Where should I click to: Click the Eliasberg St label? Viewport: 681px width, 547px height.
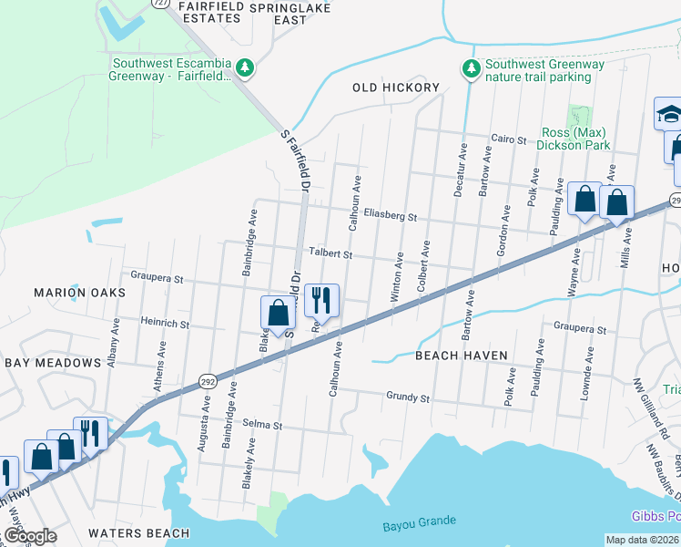pyautogui.click(x=390, y=217)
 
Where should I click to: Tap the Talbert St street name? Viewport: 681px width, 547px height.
pyautogui.click(x=329, y=254)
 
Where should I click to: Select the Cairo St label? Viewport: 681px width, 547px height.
pyautogui.click(x=509, y=139)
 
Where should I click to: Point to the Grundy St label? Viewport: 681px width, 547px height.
pyautogui.click(x=407, y=397)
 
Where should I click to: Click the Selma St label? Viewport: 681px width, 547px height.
pyautogui.click(x=264, y=426)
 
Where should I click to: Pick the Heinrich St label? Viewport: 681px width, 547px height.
pyautogui.click(x=165, y=323)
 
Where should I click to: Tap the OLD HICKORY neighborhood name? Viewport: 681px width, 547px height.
pyautogui.click(x=396, y=88)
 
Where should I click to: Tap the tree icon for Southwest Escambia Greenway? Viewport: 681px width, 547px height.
pyautogui.click(x=244, y=68)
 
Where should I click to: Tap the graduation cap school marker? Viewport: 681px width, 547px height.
pyautogui.click(x=669, y=114)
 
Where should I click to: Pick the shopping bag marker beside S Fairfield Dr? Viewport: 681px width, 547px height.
pyautogui.click(x=279, y=312)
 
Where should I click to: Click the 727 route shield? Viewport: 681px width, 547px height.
pyautogui.click(x=158, y=4)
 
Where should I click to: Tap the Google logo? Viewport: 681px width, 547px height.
pyautogui.click(x=30, y=536)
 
